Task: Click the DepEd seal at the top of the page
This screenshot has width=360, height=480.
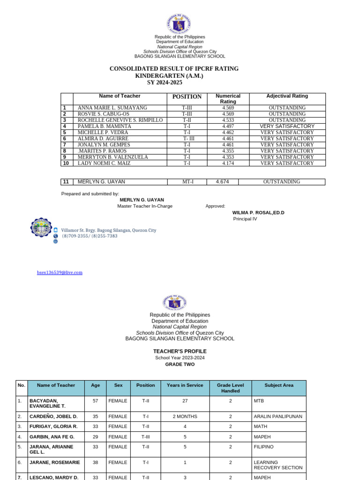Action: [x=179, y=24]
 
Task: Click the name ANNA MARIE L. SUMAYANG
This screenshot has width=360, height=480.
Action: [x=112, y=108]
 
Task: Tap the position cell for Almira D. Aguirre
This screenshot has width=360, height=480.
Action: [x=187, y=139]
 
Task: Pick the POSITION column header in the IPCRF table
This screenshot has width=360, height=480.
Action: [x=187, y=97]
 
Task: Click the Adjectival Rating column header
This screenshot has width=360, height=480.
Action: [x=287, y=96]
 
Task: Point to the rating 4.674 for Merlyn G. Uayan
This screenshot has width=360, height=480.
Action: [x=222, y=182]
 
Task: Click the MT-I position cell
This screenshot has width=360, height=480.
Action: [x=187, y=182]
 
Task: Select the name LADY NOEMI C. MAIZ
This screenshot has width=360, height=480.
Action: [x=104, y=163]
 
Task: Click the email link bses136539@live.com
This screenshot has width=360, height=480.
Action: [x=60, y=272]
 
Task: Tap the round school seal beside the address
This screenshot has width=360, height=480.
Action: [x=41, y=228]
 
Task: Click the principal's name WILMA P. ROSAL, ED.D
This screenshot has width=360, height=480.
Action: [x=258, y=212]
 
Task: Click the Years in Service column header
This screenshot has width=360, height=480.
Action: [x=185, y=385]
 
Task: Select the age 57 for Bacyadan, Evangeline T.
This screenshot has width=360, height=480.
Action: [x=95, y=401]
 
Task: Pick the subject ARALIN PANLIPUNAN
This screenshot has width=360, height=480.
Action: [x=277, y=416]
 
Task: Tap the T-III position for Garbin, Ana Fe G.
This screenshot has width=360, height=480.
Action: [x=145, y=436]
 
